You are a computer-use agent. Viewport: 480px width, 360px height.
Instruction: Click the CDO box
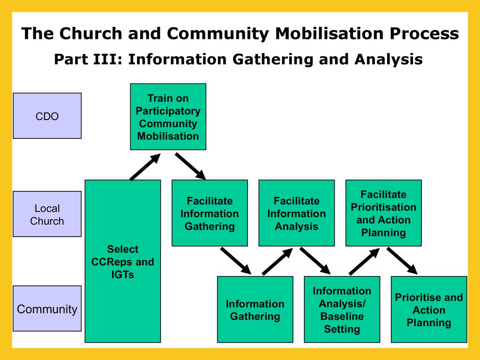click(47, 116)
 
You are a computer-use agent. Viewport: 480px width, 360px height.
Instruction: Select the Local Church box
click(47, 214)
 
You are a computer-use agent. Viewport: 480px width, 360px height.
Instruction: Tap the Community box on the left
click(47, 309)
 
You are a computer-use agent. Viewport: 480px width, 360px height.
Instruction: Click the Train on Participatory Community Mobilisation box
click(168, 117)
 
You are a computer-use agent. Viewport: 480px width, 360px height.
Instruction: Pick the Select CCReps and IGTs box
click(122, 261)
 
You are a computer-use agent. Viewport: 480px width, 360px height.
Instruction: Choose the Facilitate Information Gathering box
click(210, 213)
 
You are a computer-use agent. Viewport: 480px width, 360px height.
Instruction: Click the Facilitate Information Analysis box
click(296, 213)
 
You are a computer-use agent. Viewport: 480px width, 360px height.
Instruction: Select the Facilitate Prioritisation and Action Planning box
click(383, 213)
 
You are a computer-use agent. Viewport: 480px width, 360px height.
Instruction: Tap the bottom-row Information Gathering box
click(255, 309)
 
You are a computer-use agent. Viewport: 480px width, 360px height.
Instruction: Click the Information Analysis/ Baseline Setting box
click(342, 309)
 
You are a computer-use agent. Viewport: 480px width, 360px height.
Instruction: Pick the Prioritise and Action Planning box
click(429, 309)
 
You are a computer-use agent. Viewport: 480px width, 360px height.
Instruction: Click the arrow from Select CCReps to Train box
click(145, 167)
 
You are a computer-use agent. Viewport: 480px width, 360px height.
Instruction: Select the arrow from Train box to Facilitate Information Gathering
click(190, 166)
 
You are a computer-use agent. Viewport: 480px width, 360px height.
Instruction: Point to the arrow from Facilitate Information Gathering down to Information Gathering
click(236, 261)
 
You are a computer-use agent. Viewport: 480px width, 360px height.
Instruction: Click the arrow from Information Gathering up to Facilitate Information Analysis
click(277, 261)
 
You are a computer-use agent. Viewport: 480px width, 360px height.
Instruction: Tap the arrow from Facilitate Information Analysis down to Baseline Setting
click(315, 261)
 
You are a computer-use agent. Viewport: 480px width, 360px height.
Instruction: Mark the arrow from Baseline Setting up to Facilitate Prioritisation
click(365, 261)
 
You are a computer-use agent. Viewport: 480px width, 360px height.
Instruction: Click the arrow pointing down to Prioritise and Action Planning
click(402, 261)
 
